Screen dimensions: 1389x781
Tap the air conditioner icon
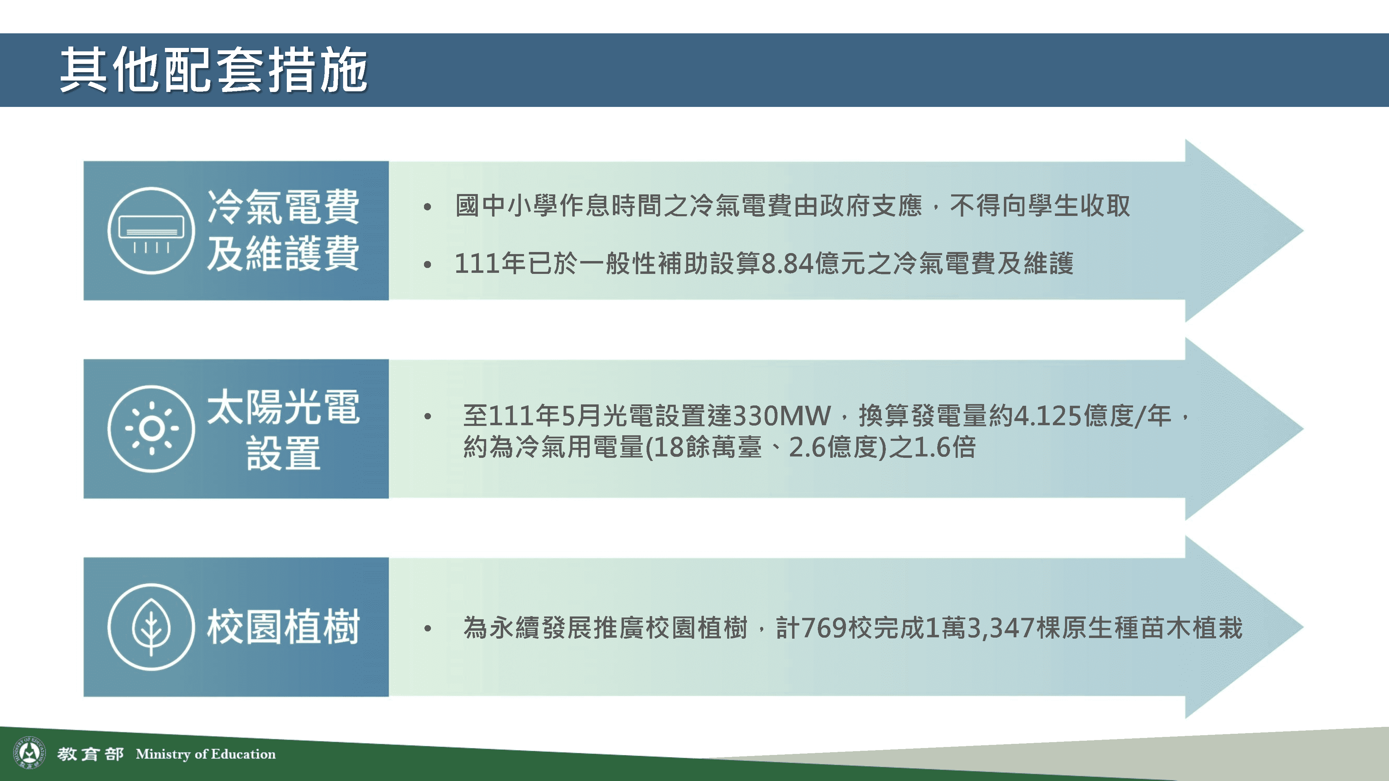tap(151, 231)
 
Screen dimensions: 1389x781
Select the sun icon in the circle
tap(151, 428)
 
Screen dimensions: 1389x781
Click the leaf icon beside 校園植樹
tap(151, 627)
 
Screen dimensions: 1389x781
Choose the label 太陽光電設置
tap(283, 429)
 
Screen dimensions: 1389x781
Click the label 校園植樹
tap(283, 627)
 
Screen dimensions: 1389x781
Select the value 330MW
tap(782, 415)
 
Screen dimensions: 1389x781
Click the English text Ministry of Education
tap(206, 754)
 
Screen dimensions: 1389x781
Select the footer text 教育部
tap(91, 754)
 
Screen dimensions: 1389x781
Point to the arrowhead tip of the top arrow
tap(1303, 231)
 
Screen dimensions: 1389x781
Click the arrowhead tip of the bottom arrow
tap(1303, 627)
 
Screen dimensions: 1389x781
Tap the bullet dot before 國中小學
tap(427, 207)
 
